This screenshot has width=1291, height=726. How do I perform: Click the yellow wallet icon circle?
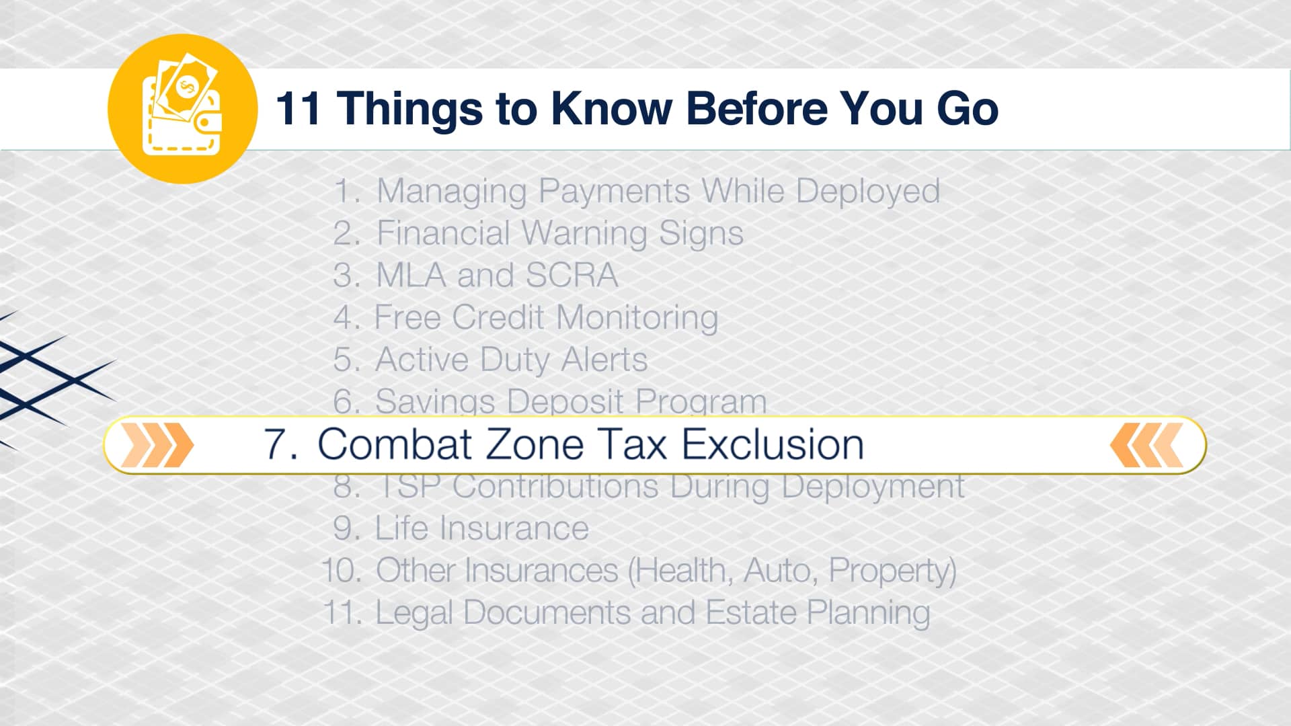coord(182,109)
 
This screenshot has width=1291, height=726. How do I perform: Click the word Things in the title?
coord(409,109)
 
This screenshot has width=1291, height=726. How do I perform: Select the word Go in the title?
coord(967,109)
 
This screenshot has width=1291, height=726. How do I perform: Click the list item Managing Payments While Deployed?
coord(658,192)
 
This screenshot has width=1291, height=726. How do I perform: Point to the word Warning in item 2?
coord(584,234)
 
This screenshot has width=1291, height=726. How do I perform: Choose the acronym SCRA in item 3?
coord(571,276)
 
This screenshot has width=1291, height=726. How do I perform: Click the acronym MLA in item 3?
coord(411,276)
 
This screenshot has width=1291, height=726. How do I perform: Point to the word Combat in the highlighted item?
coord(395,445)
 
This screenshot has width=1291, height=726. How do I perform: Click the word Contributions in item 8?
coord(555,487)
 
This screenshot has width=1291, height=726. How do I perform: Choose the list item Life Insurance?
coord(481,528)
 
